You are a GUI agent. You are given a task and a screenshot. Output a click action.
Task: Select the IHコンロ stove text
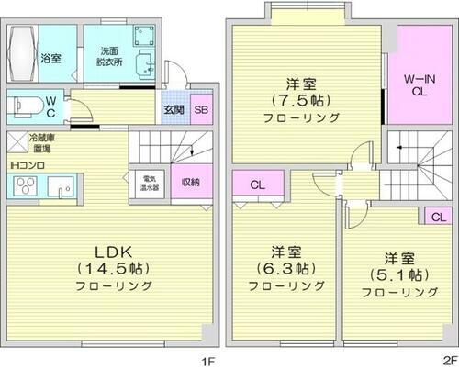pos(28,165)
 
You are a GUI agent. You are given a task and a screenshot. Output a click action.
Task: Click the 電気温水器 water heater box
pos(147,181)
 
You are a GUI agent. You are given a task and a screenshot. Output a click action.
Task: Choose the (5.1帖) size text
pos(397,275)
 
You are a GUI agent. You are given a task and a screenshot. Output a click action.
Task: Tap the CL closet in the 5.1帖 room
pos(437,216)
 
